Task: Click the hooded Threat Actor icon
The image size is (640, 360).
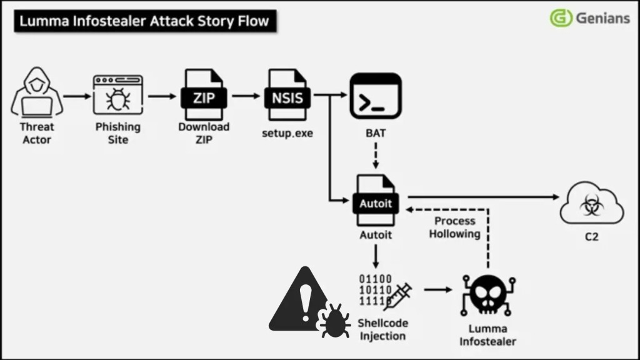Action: point(37,94)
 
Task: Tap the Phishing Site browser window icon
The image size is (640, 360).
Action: point(117,95)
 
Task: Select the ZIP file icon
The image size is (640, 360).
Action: point(203,95)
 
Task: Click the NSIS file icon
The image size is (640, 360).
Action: point(287,95)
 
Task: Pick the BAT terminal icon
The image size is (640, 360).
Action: point(376,96)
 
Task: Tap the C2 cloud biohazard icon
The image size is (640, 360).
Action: point(591,203)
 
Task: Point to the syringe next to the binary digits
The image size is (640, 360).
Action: point(397,294)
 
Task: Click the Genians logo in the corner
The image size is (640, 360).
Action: point(589,18)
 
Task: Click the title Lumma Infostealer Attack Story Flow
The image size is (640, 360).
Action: point(144,21)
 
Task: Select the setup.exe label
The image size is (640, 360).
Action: point(287,133)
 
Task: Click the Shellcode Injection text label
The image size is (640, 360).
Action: point(382,329)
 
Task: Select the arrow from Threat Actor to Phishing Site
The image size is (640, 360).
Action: point(77,96)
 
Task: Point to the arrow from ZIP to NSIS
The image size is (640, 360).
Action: point(245,96)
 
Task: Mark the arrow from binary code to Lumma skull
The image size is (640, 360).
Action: point(437,290)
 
